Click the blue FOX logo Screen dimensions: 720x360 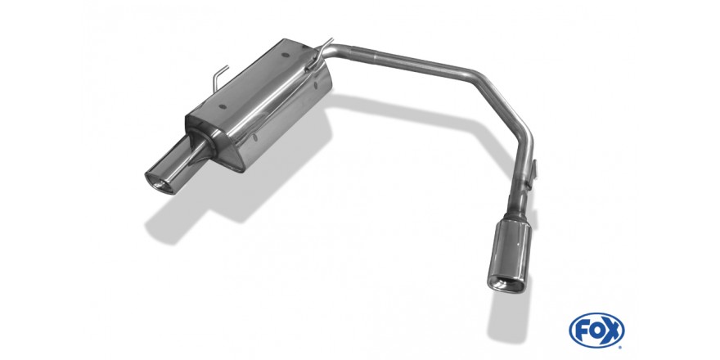[596, 331]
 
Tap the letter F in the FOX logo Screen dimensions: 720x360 [582, 331]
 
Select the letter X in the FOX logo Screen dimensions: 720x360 [613, 331]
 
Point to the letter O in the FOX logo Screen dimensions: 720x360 [597, 331]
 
